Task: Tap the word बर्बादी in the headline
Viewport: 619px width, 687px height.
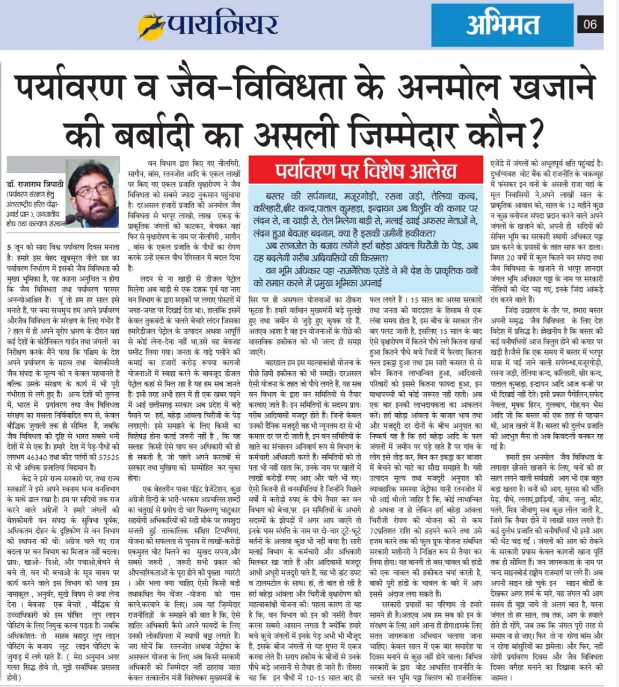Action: [183, 129]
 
